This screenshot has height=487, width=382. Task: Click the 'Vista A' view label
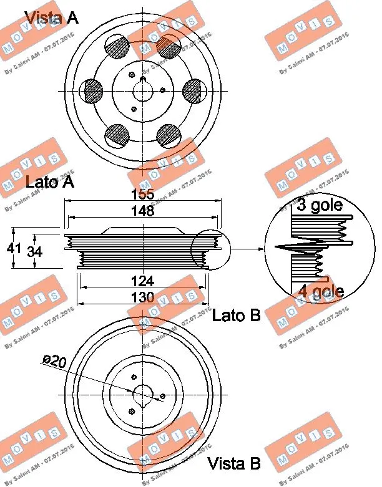(x=51, y=17)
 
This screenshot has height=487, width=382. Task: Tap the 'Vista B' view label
(x=233, y=463)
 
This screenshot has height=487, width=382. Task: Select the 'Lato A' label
(x=50, y=182)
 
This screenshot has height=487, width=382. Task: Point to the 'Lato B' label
(x=236, y=316)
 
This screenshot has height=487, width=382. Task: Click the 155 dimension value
(x=143, y=195)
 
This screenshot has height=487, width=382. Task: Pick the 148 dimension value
(x=143, y=211)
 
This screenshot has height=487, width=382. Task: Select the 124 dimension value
(x=143, y=282)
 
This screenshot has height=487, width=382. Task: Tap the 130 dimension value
(x=143, y=298)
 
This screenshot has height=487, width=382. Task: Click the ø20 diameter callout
(x=55, y=360)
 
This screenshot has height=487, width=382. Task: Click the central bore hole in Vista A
(x=143, y=91)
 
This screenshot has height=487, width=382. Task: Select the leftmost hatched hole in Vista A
(x=93, y=91)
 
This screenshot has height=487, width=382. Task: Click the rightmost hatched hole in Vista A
(x=194, y=91)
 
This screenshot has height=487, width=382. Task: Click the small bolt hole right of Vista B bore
(x=162, y=396)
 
